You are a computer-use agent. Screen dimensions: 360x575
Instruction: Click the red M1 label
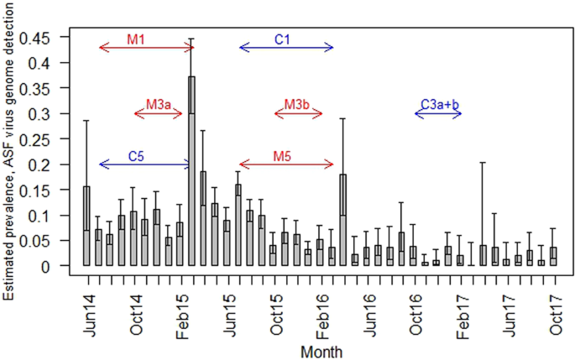(x=135, y=39)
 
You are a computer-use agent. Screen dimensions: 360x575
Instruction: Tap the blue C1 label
(x=283, y=39)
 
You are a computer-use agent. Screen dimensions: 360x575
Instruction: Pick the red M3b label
(x=297, y=105)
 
